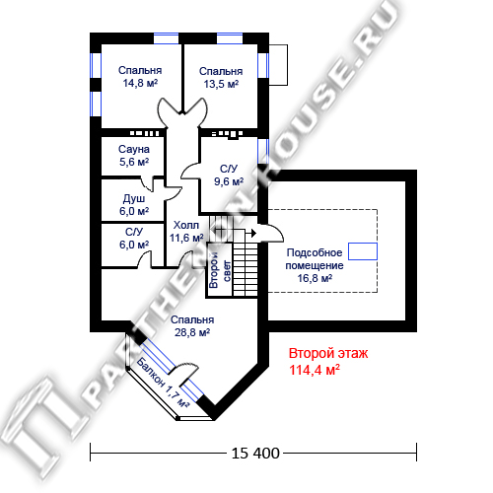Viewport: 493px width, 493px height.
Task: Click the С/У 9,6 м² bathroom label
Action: (229, 175)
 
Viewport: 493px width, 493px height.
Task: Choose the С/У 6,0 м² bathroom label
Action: (134, 238)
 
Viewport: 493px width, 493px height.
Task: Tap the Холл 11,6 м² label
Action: (186, 232)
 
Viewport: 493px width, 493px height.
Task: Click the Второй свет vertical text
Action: (220, 270)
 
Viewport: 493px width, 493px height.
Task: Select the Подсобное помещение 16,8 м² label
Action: (315, 265)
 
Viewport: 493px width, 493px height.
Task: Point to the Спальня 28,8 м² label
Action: (192, 326)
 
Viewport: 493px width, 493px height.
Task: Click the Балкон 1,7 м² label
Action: (163, 383)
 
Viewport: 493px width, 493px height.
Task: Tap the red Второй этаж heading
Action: (328, 353)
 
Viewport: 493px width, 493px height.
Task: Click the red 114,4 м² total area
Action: (315, 370)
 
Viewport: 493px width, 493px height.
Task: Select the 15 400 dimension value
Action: (255, 454)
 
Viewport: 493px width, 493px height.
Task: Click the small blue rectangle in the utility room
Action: (363, 251)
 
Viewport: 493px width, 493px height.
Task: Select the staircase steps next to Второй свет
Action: (246, 269)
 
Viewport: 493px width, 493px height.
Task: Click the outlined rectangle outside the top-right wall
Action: (279, 65)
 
